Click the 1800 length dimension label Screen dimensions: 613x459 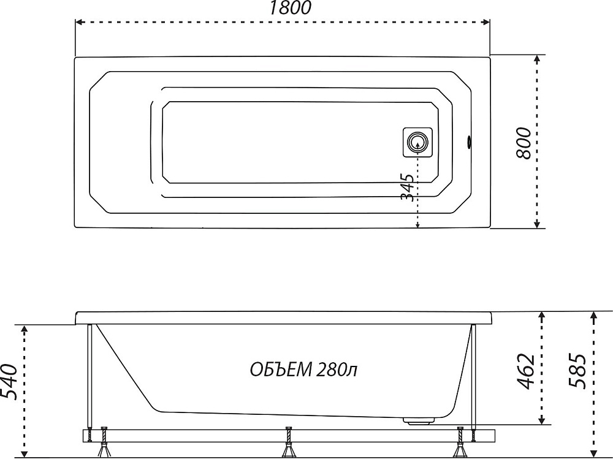point(290,8)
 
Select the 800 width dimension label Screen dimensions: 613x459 point(524,143)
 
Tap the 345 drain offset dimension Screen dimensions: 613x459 point(408,188)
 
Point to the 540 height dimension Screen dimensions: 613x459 point(9,382)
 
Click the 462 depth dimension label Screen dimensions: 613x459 point(526,371)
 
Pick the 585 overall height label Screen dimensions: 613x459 point(577,371)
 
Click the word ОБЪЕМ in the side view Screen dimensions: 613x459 point(281,370)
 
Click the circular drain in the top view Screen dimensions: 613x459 point(417,142)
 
